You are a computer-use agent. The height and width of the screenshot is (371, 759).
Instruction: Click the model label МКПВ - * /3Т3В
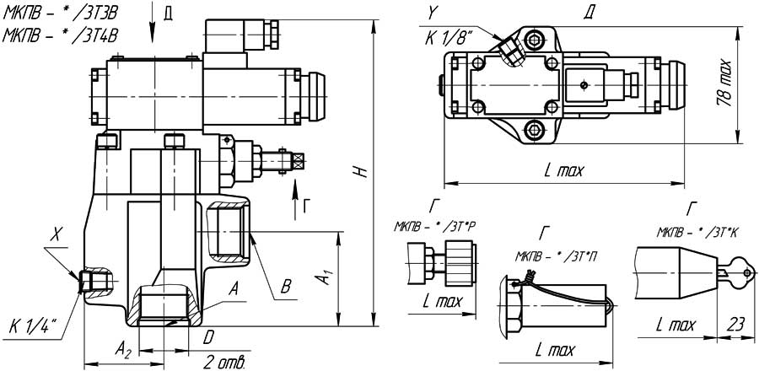60,14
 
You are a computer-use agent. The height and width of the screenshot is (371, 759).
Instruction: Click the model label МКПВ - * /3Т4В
60,35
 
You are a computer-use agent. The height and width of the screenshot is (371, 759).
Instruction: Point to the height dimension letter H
361,171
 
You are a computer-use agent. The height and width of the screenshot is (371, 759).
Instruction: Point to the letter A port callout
234,287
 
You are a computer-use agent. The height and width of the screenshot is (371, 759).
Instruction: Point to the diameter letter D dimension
208,337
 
